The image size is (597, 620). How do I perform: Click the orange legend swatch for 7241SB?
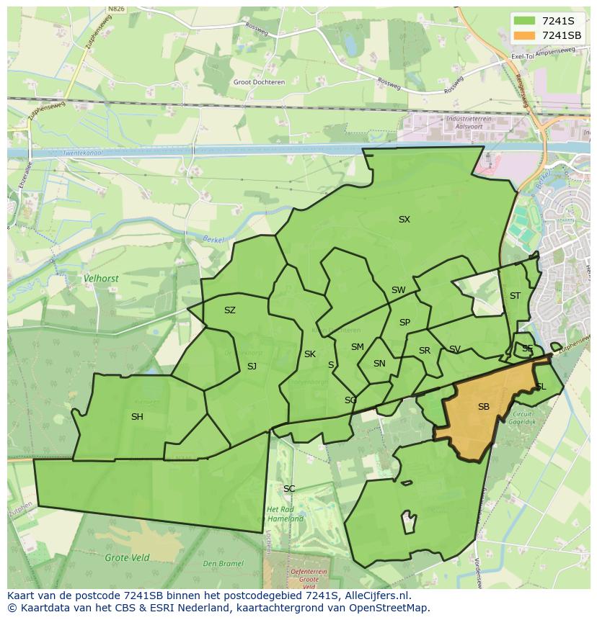pyautogui.click(x=526, y=35)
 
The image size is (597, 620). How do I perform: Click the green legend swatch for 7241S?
pyautogui.click(x=526, y=21)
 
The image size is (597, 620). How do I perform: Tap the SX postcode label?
pyautogui.click(x=404, y=219)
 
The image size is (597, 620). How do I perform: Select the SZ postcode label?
pyautogui.click(x=229, y=310)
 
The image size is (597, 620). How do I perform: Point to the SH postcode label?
pyautogui.click(x=137, y=417)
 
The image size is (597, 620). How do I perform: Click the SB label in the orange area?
pyautogui.click(x=483, y=407)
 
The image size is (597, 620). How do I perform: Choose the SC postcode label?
pyautogui.click(x=289, y=489)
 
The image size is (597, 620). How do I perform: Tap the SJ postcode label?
pyautogui.click(x=252, y=367)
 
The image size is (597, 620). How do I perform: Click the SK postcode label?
pyautogui.click(x=310, y=354)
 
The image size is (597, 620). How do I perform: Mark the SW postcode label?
pyautogui.click(x=398, y=290)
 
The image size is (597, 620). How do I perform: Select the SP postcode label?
pyautogui.click(x=404, y=323)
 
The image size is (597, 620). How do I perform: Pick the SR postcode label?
pyautogui.click(x=425, y=351)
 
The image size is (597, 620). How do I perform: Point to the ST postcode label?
pyautogui.click(x=515, y=296)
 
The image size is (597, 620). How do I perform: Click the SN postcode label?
pyautogui.click(x=379, y=364)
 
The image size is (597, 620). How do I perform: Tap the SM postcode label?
pyautogui.click(x=358, y=347)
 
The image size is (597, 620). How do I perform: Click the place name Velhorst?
pyautogui.click(x=101, y=277)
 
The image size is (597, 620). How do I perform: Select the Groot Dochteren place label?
pyautogui.click(x=259, y=82)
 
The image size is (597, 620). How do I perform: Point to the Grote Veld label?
pyautogui.click(x=127, y=557)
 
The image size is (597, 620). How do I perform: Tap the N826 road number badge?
pyautogui.click(x=115, y=9)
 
